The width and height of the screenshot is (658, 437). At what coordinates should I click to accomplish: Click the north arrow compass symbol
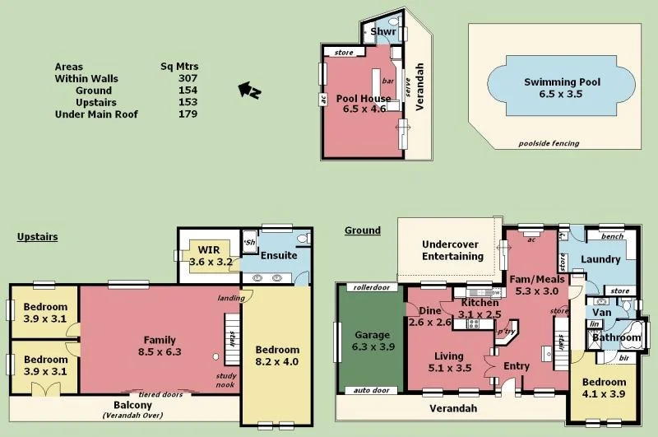[x=248, y=90]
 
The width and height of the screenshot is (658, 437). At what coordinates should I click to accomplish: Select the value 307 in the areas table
[x=188, y=79]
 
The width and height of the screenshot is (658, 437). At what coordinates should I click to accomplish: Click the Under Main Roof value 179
[x=188, y=114]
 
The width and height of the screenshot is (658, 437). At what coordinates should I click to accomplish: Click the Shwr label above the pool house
[x=383, y=33]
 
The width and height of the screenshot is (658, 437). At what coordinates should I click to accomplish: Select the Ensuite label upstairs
[x=279, y=255]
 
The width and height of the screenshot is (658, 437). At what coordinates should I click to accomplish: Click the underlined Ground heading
[x=362, y=230]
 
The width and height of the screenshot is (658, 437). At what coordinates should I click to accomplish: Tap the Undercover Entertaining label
[x=452, y=250]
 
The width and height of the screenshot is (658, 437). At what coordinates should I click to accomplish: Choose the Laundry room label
[x=600, y=259]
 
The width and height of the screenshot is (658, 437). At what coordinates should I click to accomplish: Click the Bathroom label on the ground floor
[x=616, y=337]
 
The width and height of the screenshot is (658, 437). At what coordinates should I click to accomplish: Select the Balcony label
[x=132, y=407]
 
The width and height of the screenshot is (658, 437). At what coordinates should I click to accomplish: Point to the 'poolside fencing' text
[x=549, y=143]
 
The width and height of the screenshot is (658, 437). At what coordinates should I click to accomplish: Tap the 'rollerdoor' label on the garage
[x=370, y=288]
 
